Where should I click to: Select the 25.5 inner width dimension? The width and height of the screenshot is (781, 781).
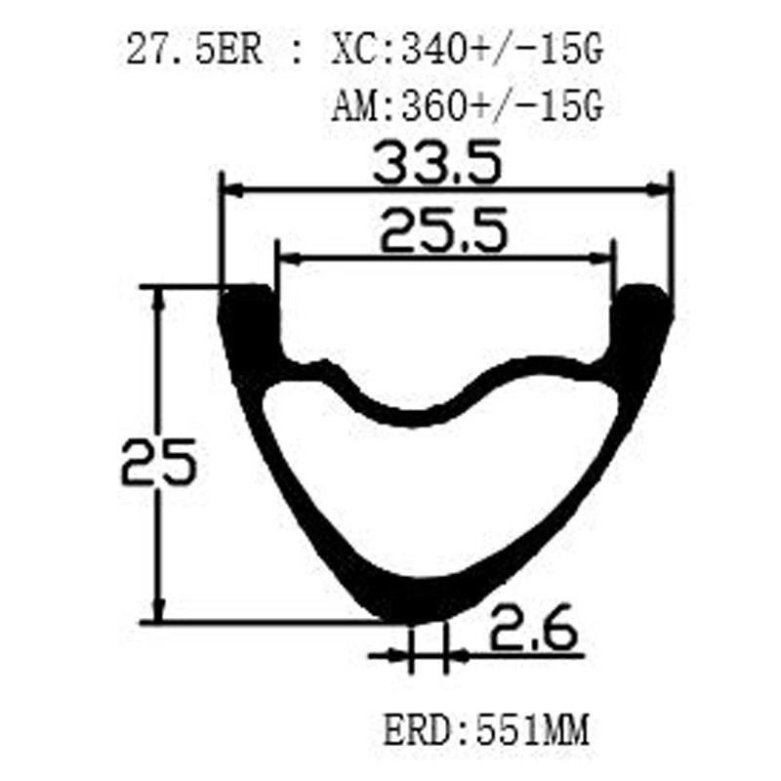444,232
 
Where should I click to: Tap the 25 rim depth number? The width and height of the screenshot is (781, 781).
159,463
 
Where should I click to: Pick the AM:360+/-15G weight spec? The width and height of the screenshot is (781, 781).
465,103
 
